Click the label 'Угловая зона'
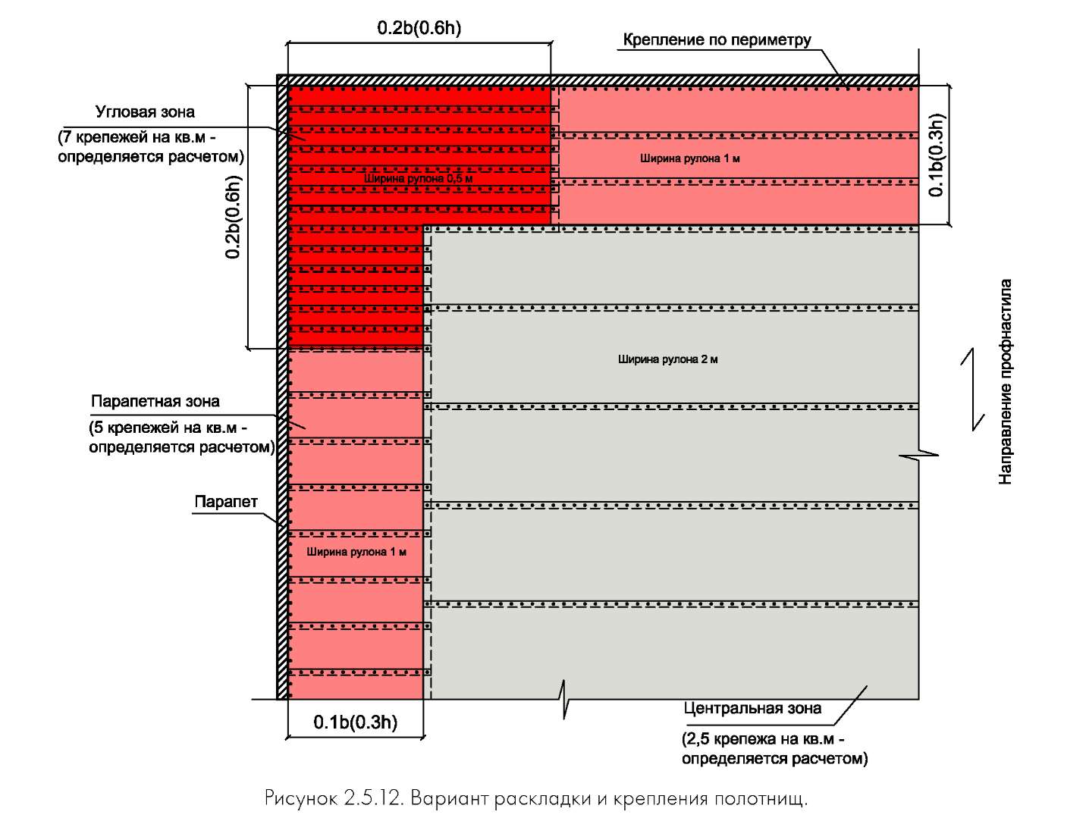point(145,112)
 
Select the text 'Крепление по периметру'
point(717,39)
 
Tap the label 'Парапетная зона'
point(155,401)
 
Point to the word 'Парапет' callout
point(226,502)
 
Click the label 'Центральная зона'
point(752,709)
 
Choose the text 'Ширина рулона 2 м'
point(667,359)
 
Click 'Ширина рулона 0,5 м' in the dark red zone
point(418,178)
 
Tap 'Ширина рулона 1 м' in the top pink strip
point(689,158)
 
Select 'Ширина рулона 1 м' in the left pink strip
point(356,552)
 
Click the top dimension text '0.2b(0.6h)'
point(419,28)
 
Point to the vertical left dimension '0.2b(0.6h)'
point(233,217)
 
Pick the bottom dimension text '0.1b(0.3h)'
point(355,722)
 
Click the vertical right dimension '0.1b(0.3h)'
point(936,155)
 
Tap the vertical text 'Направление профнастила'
point(1005,382)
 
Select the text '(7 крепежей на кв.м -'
point(137,137)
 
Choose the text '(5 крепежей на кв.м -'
point(168,428)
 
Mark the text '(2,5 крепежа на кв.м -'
point(763,738)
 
